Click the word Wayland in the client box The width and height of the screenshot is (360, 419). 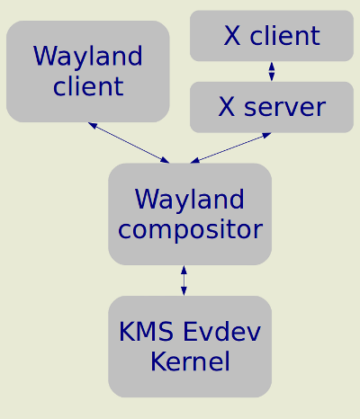click(87, 57)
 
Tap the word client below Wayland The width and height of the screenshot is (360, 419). click(88, 86)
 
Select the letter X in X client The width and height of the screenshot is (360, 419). click(232, 36)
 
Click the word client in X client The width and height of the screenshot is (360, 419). click(285, 35)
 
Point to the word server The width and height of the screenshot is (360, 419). click(284, 107)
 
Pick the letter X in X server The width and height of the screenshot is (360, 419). click(227, 107)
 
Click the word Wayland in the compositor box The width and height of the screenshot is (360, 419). click(190, 199)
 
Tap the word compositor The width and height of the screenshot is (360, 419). click(191, 230)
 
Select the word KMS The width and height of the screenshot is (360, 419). click(146, 331)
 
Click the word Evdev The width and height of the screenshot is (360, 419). click(221, 331)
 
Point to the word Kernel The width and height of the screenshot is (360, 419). click(190, 361)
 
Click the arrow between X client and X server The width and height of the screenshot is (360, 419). click(272, 71)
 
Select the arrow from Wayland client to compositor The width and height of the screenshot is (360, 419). click(129, 143)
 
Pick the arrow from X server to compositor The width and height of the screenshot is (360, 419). click(230, 148)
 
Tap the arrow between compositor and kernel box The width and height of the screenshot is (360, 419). click(184, 281)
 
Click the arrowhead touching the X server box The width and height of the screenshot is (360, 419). click(266, 135)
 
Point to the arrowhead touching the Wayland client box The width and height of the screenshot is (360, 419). click(93, 125)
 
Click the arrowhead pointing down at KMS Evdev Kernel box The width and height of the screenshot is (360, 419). click(184, 291)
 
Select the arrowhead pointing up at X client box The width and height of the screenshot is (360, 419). click(272, 66)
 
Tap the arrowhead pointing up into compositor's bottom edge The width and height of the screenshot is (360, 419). click(184, 270)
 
